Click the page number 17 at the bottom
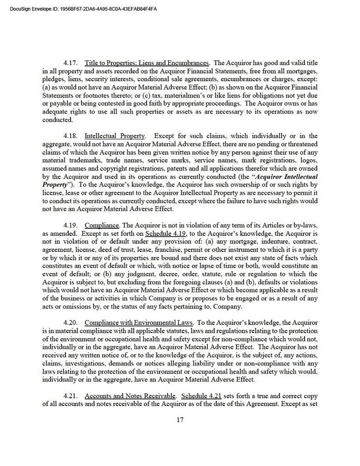tap(180, 420)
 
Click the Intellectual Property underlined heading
tap(115, 136)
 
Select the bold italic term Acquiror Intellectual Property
tap(286, 177)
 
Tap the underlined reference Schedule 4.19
tap(165, 233)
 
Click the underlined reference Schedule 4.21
tap(202, 396)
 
